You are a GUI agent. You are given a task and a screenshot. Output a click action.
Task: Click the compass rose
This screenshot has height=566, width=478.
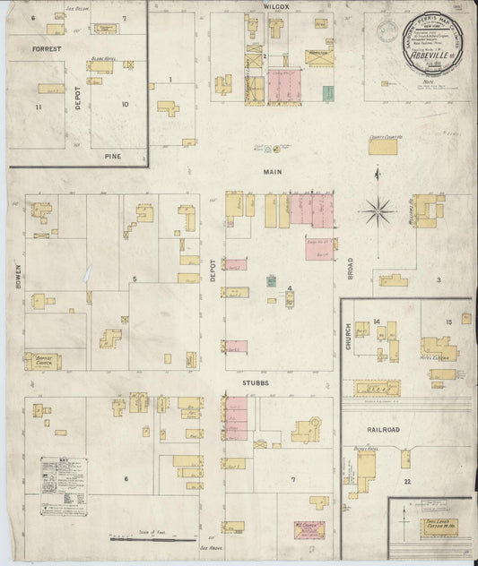[378, 212]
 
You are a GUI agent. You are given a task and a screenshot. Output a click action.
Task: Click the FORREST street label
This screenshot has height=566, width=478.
[45, 49]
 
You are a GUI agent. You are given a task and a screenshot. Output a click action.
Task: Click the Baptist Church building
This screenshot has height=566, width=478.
[43, 360]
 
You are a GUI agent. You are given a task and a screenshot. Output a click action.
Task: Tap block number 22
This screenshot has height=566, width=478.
[407, 483]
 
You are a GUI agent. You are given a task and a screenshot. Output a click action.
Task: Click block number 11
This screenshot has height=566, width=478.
[39, 107]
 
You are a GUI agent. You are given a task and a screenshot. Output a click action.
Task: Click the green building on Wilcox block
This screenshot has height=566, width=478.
[327, 93]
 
